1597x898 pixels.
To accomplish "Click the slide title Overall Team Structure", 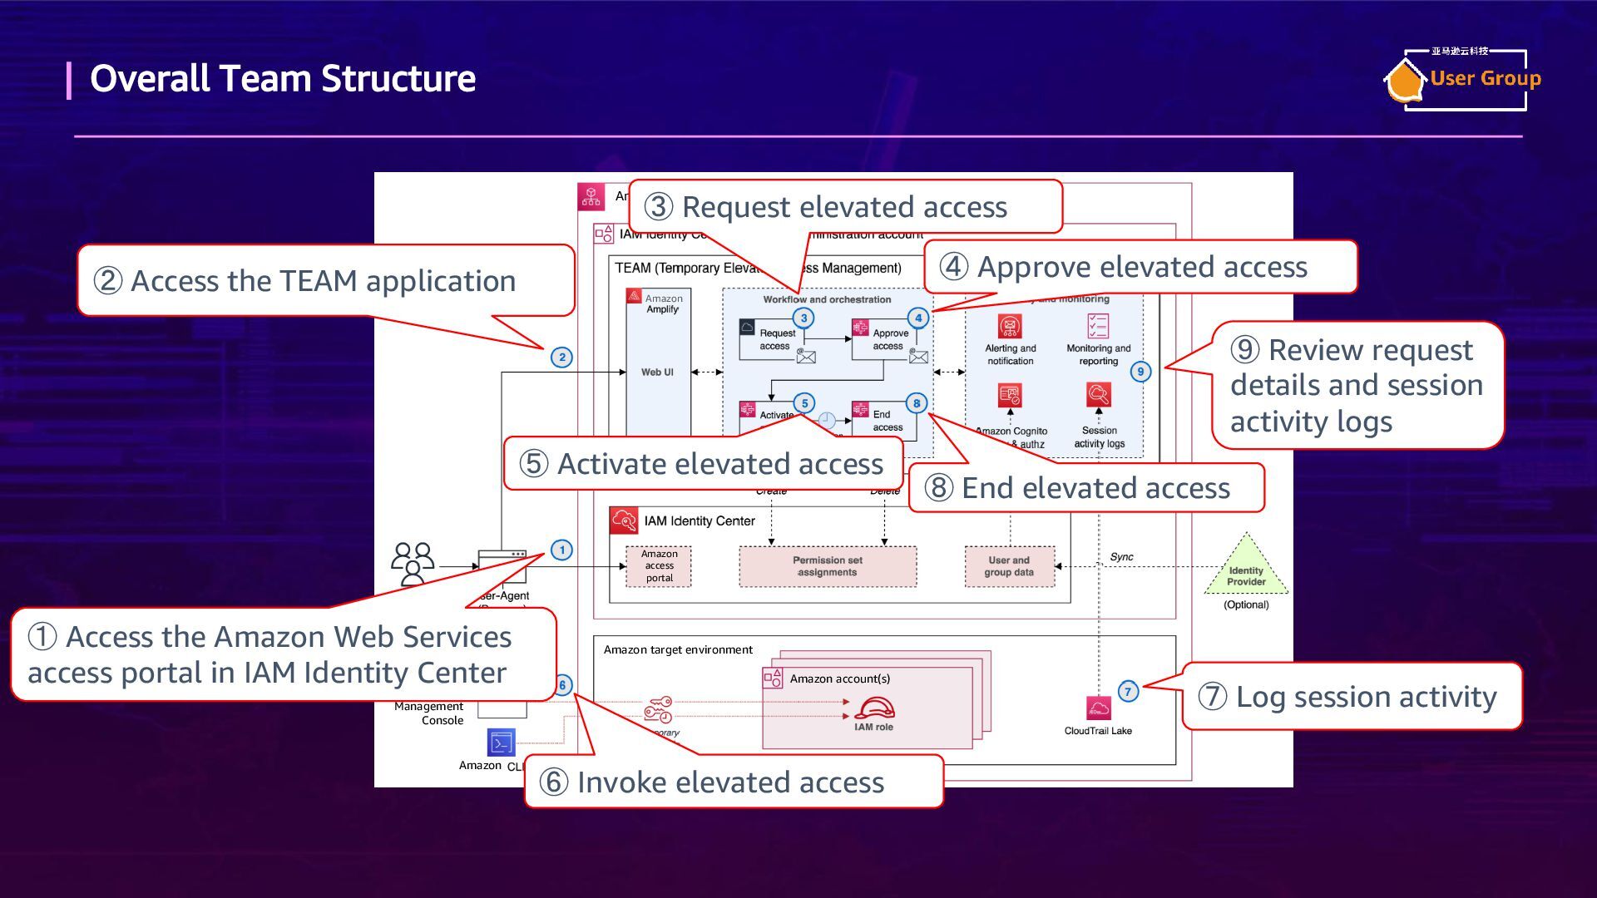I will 282,79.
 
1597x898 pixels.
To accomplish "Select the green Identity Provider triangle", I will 1246,569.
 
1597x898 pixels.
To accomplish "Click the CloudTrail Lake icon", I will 1098,708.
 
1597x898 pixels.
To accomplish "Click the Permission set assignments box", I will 828,566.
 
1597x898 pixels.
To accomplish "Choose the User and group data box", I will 1009,566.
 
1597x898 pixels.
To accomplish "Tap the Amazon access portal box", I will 659,566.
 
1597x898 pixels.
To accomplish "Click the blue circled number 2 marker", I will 562,358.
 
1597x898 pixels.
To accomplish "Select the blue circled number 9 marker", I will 1140,372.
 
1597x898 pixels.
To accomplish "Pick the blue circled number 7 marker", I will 1128,691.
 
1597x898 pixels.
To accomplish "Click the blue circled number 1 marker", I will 562,550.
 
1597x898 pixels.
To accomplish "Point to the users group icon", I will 413,564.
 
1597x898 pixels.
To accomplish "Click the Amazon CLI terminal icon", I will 501,743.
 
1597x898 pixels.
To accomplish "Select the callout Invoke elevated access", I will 732,782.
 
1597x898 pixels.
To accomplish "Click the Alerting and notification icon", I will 1010,326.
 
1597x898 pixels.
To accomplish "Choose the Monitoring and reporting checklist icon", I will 1098,326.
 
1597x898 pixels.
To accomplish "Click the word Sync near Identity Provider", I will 1121,557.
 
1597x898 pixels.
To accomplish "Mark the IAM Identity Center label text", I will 700,521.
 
